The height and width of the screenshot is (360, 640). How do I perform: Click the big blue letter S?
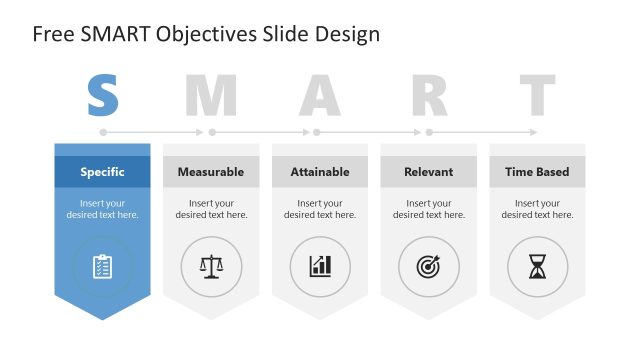tap(102, 95)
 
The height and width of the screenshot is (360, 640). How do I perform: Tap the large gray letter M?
tap(211, 95)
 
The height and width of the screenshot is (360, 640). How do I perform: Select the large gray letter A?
tap(320, 95)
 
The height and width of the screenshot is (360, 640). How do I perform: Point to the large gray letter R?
tap(429, 95)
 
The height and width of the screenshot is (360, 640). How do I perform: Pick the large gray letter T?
tap(537, 95)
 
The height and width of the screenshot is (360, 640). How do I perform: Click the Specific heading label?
tap(102, 172)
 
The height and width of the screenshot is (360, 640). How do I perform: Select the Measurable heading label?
tap(211, 172)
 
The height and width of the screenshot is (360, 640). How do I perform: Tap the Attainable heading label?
tap(320, 172)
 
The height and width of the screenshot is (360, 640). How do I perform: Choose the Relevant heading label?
tap(429, 172)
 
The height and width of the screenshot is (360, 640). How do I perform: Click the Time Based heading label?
tap(537, 172)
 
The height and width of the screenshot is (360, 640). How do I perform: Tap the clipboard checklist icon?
tap(102, 266)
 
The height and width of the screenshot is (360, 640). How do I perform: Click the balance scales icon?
tap(211, 266)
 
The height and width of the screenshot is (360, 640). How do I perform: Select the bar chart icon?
tap(320, 266)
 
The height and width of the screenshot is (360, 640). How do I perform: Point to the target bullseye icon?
tap(429, 266)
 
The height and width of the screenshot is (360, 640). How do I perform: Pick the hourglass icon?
tap(538, 266)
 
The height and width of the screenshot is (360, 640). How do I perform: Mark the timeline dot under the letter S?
tap(102, 131)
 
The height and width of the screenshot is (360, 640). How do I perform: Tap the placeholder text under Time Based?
tap(537, 209)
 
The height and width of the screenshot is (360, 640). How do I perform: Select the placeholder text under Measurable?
tap(211, 209)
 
